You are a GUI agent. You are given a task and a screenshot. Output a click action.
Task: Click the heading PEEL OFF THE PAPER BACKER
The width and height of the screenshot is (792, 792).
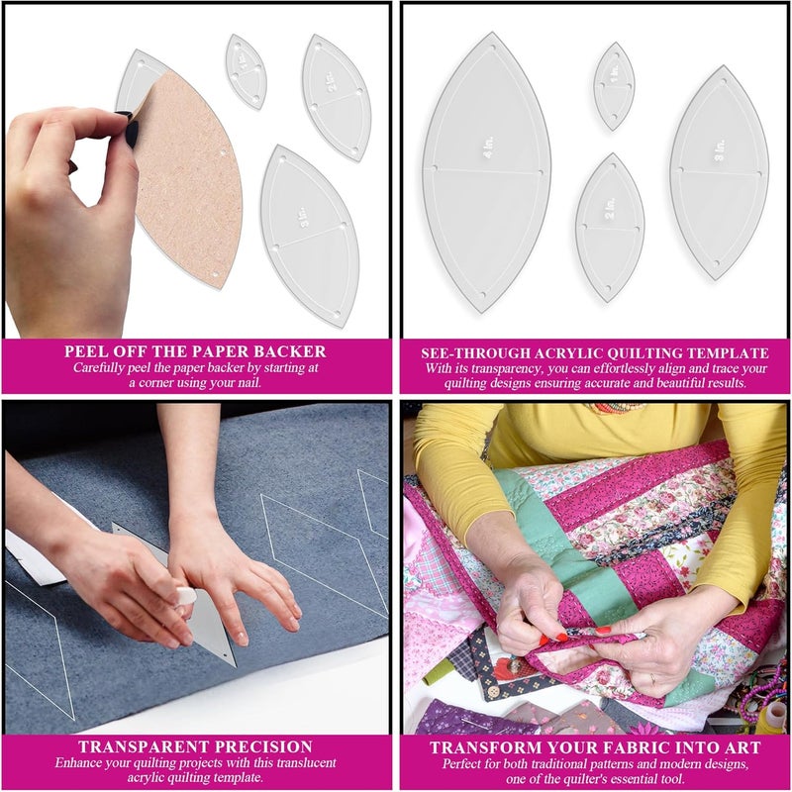click(195, 351)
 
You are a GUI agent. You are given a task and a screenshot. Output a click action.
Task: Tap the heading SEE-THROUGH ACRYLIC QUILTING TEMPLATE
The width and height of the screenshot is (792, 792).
click(595, 352)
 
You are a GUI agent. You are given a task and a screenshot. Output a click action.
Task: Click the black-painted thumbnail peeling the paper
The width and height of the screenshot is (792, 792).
click(129, 128)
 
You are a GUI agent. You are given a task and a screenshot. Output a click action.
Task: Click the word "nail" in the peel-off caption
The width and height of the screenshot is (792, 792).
click(247, 383)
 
